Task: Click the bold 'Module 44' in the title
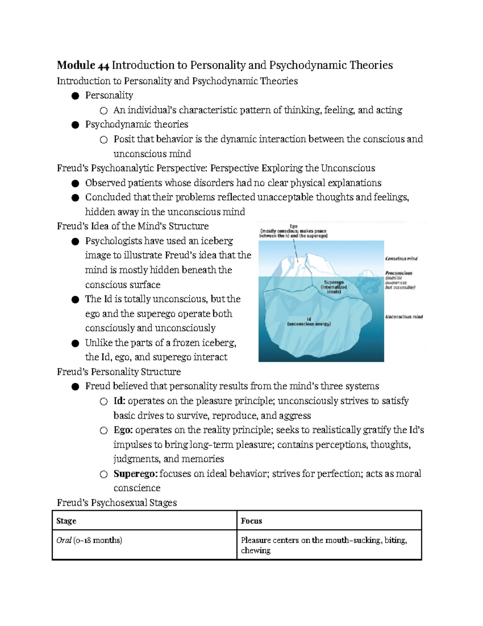[83, 65]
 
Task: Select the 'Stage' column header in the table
[66, 521]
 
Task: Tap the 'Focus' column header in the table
[251, 521]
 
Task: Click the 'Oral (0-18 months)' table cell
[89, 540]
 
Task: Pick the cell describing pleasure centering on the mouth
[324, 545]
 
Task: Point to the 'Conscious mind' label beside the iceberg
[401, 258]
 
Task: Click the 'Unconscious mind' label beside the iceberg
[404, 317]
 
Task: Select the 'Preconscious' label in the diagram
[398, 273]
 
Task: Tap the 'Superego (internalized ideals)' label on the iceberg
[334, 287]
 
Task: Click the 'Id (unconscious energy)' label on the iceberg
[309, 321]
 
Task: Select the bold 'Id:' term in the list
[120, 401]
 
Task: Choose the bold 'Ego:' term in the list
[123, 430]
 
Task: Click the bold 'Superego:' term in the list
[136, 474]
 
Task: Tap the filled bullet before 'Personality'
[75, 96]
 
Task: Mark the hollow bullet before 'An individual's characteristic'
[103, 110]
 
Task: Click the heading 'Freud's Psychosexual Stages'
[117, 503]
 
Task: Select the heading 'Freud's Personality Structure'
[119, 372]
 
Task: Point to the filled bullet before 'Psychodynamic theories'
[75, 125]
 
